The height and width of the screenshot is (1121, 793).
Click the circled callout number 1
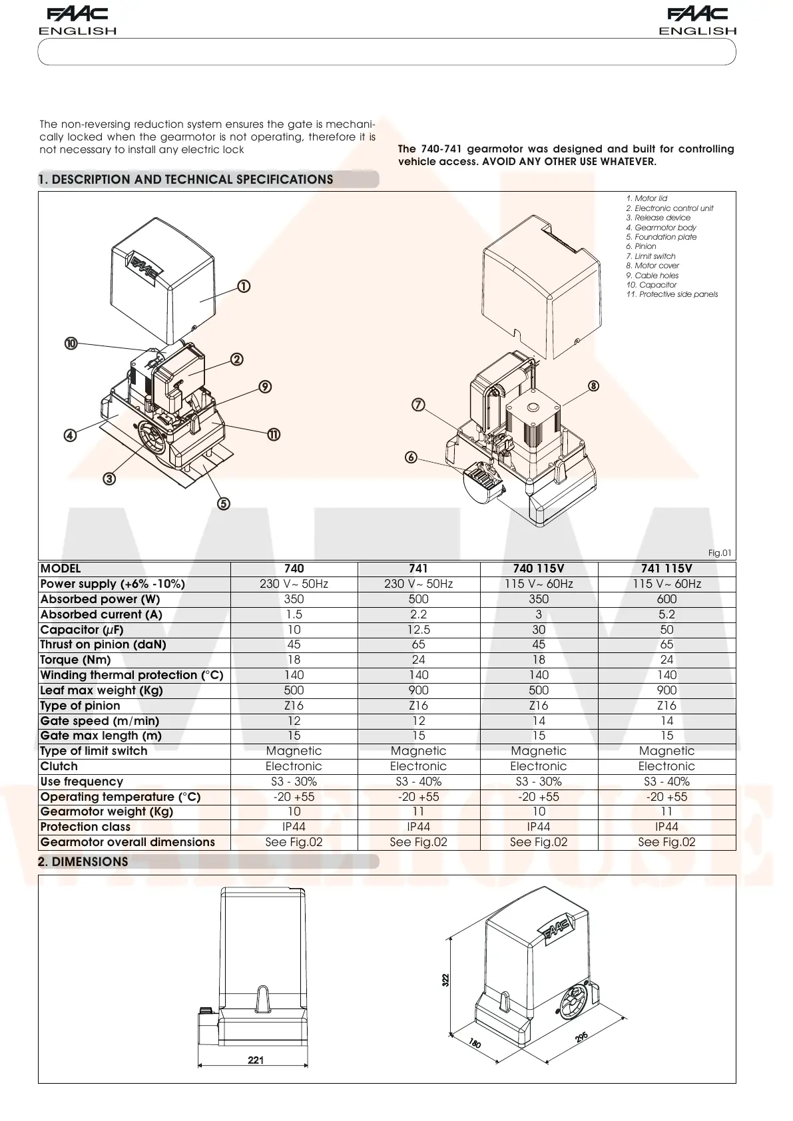click(x=244, y=286)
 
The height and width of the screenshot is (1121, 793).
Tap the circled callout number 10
click(x=71, y=343)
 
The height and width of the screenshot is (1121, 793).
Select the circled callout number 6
click(x=411, y=457)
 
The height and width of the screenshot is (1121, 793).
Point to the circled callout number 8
click(x=593, y=385)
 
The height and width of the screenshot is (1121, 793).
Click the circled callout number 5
click(x=224, y=503)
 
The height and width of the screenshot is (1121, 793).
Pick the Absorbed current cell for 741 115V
click(x=666, y=614)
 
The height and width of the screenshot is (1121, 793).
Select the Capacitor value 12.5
click(x=418, y=630)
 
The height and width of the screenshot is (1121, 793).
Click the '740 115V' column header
click(x=538, y=568)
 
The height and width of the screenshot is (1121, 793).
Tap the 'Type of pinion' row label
click(x=81, y=706)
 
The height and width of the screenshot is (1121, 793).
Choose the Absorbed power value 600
click(x=666, y=599)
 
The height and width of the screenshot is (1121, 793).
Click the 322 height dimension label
click(x=446, y=980)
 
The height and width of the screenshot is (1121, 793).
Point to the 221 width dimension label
click(x=256, y=1060)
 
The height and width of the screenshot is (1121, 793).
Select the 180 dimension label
click(x=475, y=1043)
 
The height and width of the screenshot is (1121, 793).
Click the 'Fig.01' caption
click(x=719, y=553)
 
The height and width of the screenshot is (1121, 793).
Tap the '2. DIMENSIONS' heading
click(x=83, y=861)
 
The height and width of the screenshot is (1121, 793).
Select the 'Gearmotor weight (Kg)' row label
click(x=107, y=811)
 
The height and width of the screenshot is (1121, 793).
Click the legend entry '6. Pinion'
click(x=641, y=246)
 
